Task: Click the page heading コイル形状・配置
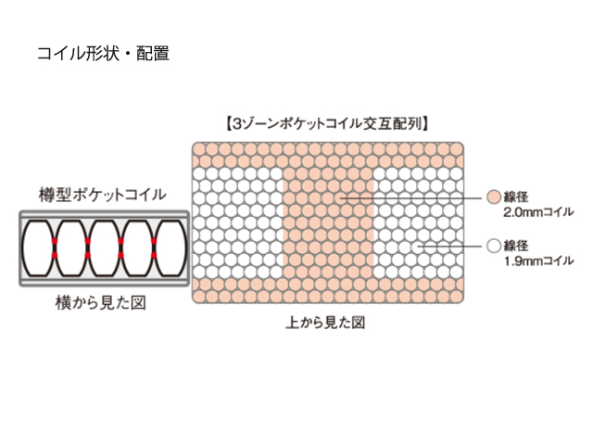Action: coord(102,54)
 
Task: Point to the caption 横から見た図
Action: coord(103,302)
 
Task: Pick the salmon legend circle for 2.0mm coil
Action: coord(493,197)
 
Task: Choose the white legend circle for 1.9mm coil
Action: coord(493,246)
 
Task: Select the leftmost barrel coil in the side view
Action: coord(38,248)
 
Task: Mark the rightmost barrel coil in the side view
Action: coord(170,248)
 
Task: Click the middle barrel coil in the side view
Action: coord(104,248)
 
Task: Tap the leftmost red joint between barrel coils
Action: coord(55,248)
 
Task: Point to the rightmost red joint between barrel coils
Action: coord(154,248)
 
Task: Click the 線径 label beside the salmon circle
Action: coord(516,197)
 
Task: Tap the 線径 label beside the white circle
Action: coord(516,246)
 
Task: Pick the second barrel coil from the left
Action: coord(71,248)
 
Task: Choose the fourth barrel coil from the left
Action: coord(137,248)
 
